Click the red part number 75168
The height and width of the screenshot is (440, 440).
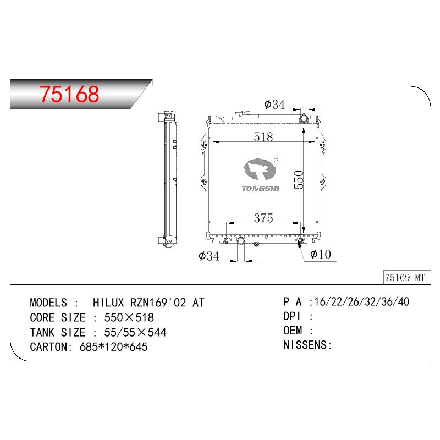69,94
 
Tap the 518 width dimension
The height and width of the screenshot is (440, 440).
263,137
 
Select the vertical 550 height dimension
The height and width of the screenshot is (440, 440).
299,180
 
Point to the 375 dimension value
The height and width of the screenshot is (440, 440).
263,218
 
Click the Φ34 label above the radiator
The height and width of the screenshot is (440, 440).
274,105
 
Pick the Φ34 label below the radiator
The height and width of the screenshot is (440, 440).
209,256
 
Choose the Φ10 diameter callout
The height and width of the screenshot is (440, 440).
321,254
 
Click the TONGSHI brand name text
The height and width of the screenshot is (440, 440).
261,188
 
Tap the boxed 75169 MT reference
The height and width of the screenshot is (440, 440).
405,278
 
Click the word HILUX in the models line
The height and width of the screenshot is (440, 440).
108,303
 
